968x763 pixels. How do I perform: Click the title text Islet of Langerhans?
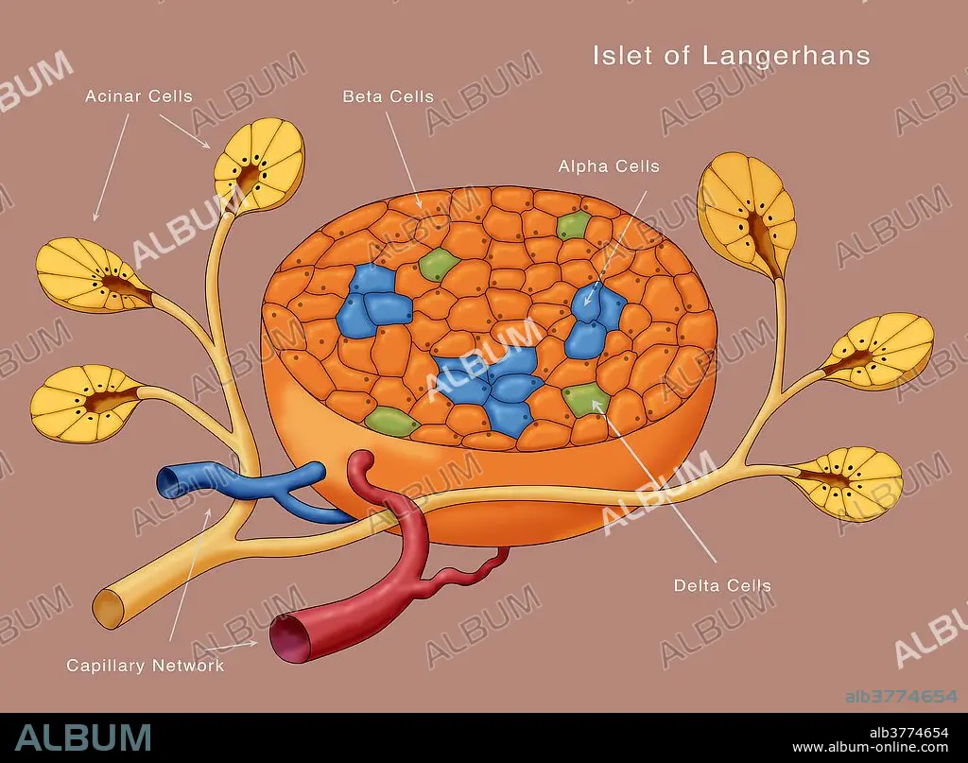[731, 55]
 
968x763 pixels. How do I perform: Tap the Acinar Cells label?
[138, 96]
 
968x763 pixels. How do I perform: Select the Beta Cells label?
[388, 96]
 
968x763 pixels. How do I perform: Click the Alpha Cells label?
[609, 166]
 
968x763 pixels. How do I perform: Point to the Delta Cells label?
[722, 585]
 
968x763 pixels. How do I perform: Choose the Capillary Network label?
[145, 665]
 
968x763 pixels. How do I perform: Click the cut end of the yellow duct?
[110, 611]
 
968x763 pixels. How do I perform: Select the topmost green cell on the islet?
[573, 225]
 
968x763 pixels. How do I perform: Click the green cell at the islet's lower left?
[391, 422]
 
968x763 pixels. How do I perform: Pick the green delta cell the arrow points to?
[584, 398]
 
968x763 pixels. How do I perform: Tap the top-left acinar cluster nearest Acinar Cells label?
[258, 165]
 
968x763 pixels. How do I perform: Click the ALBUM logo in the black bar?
[83, 737]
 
